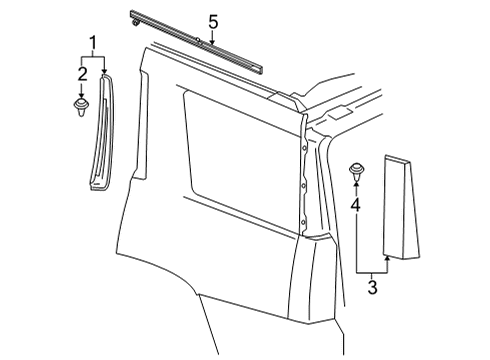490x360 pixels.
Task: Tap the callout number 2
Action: pyautogui.click(x=82, y=74)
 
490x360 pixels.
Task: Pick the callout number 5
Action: pyautogui.click(x=212, y=22)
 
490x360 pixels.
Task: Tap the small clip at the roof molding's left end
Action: pyautogui.click(x=134, y=19)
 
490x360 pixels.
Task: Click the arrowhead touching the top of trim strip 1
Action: pyautogui.click(x=103, y=71)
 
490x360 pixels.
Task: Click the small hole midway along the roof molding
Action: pyautogui.click(x=199, y=41)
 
